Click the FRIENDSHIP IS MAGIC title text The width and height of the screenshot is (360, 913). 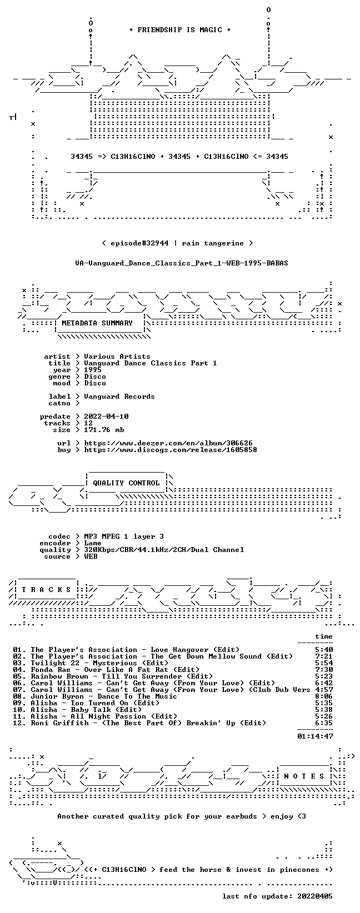(180, 30)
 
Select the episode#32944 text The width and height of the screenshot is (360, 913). (140, 243)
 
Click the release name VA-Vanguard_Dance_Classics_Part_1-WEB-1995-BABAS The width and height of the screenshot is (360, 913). (182, 263)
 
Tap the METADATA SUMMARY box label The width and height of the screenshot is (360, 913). (97, 323)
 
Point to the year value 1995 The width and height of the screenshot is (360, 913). (93, 370)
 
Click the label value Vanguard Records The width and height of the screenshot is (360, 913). (119, 397)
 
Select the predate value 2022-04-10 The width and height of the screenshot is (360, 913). (107, 417)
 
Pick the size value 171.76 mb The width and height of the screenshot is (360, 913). (104, 430)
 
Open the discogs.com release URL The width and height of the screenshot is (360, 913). (171, 450)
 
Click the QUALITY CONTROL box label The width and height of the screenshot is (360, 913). (126, 483)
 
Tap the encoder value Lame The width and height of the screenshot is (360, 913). (93, 543)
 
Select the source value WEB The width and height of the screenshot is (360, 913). (91, 556)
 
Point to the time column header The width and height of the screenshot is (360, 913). (324, 636)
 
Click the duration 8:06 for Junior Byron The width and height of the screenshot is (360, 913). (324, 696)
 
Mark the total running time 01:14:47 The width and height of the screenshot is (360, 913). (315, 736)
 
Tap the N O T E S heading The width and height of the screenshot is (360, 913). (304, 776)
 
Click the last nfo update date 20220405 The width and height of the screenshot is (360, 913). (315, 896)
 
